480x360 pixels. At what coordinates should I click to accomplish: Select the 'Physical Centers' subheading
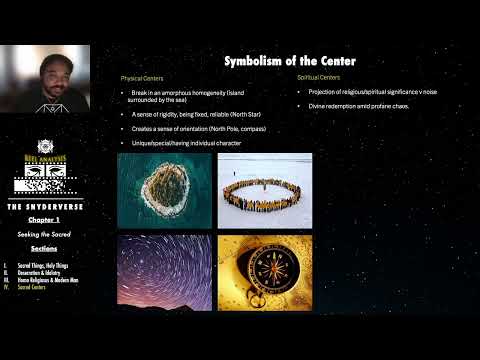click(x=141, y=77)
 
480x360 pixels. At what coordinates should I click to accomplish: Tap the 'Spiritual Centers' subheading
click(x=318, y=77)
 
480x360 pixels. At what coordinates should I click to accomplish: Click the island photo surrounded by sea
click(x=164, y=190)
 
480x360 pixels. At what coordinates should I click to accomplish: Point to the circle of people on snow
click(x=264, y=190)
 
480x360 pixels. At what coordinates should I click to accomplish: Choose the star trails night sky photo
click(x=164, y=272)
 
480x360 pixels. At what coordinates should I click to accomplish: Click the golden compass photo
click(x=264, y=272)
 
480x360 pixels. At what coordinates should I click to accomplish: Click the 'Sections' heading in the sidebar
click(x=44, y=246)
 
